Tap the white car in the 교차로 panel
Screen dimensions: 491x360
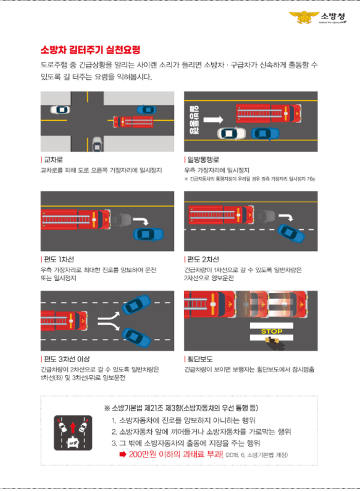point(60,110)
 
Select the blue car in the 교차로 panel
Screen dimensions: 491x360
point(146,110)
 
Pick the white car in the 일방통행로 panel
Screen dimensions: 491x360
point(231,133)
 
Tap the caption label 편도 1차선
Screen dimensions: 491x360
point(58,259)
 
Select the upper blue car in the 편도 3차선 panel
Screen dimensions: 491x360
point(136,305)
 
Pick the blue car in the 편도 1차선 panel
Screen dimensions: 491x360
point(148,233)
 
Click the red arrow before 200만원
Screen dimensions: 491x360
point(123,454)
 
